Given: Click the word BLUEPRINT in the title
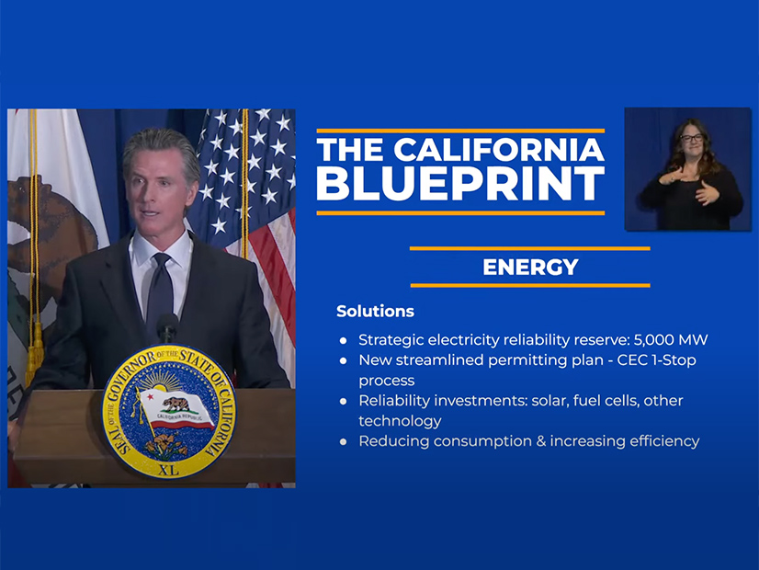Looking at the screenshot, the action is click(x=460, y=184).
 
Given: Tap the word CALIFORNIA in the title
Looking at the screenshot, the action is click(x=499, y=149).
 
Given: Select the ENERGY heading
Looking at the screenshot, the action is click(x=530, y=267).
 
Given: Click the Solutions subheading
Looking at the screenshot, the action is click(x=375, y=311).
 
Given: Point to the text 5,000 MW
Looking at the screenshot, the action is click(x=671, y=340).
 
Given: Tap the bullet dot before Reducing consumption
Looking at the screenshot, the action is click(x=343, y=441).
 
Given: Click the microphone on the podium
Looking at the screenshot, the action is click(x=167, y=327).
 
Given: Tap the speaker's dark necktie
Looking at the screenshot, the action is click(x=160, y=289).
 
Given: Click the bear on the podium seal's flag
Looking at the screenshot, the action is click(x=176, y=404).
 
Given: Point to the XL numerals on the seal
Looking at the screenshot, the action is click(x=168, y=469).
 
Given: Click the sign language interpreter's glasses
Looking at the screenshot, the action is click(x=691, y=138).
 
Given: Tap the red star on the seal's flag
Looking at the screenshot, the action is click(x=150, y=396).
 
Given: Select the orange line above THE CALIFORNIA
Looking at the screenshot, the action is click(x=460, y=131).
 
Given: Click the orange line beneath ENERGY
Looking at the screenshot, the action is click(x=530, y=285).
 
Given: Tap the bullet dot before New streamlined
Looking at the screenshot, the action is click(x=343, y=360).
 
